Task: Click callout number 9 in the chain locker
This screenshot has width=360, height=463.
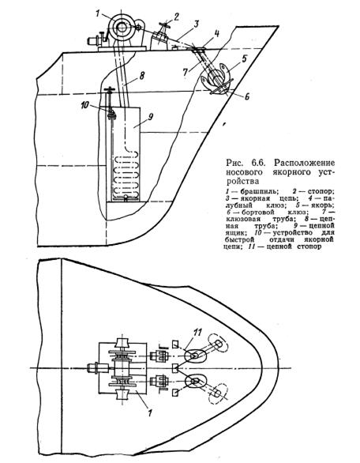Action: [150, 117]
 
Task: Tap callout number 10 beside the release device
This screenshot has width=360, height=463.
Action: [84, 105]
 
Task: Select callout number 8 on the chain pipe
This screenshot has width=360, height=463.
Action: [142, 76]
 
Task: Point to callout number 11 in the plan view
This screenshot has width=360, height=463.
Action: [197, 333]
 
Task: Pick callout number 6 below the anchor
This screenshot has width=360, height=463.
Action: [247, 96]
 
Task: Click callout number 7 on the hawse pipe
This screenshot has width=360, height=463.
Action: [185, 73]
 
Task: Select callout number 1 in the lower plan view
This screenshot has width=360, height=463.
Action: [150, 412]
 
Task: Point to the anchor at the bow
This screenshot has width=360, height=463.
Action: [217, 79]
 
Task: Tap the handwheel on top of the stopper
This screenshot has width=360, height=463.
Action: [165, 25]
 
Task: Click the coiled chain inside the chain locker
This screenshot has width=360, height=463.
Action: [126, 175]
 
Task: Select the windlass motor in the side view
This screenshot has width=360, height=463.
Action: [94, 41]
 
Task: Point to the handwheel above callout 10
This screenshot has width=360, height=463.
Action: [110, 89]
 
